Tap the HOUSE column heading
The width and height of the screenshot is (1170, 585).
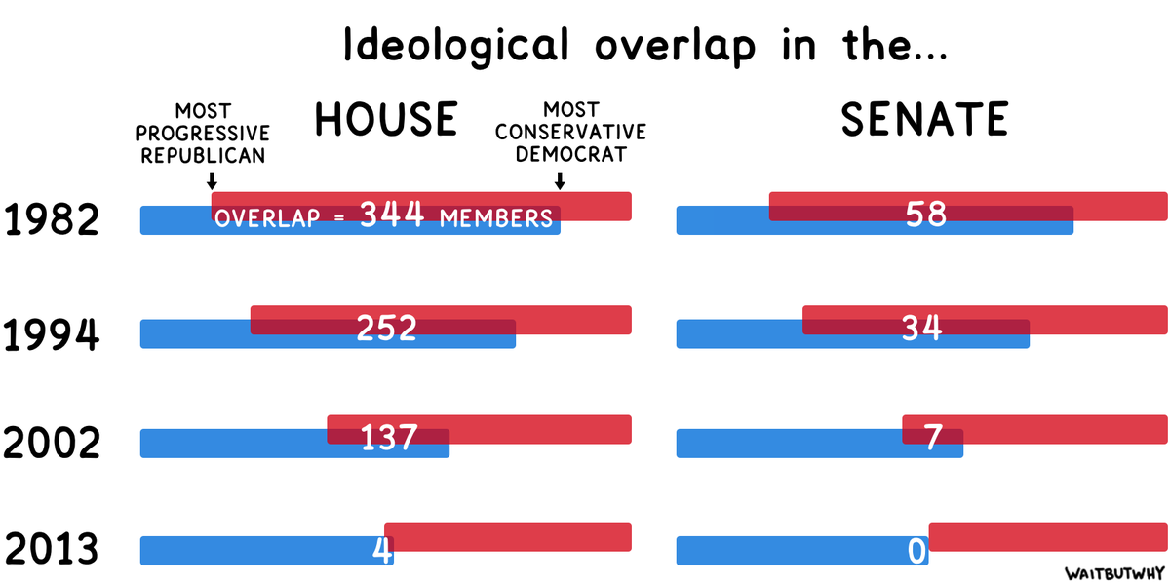[x=386, y=119]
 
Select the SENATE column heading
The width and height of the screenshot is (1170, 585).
[x=924, y=119]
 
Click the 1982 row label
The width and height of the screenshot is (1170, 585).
[x=52, y=221]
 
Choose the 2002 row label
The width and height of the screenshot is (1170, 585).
[x=52, y=444]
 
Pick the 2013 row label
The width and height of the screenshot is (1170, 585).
[x=52, y=550]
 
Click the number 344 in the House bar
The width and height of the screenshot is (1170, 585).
[x=392, y=214]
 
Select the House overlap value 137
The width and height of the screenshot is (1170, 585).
[x=389, y=437]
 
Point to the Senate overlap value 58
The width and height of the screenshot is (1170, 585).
[x=925, y=214]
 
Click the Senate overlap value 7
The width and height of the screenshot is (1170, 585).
[x=932, y=437]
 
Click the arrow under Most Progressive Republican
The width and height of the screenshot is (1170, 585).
[x=212, y=180]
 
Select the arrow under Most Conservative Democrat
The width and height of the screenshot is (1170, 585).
[x=560, y=180]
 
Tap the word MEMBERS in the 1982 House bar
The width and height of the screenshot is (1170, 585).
[x=496, y=218]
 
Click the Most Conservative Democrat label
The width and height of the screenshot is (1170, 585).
[x=570, y=132]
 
